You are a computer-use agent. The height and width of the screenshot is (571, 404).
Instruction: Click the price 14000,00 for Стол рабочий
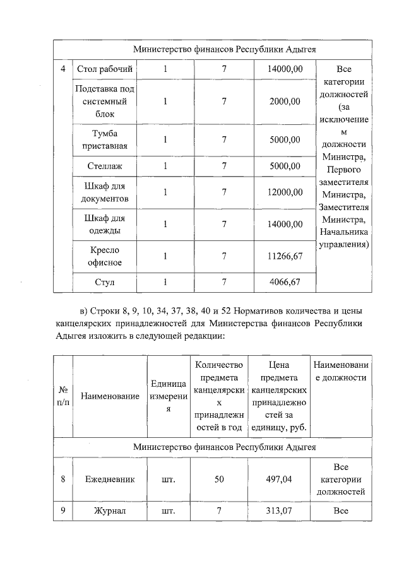285,69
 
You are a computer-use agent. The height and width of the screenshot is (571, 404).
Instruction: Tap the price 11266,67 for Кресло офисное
285,256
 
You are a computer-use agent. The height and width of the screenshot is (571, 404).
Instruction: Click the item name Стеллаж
104,167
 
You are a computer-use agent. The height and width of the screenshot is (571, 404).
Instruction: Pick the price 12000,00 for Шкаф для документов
285,192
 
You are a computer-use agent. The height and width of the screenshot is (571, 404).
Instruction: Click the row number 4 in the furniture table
62,69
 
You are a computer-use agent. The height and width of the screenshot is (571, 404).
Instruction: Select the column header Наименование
110,396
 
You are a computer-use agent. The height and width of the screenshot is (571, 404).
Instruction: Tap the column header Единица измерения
169,396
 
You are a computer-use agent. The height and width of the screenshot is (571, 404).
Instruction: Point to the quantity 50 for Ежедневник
219,479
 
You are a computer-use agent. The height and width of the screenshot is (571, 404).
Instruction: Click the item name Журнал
110,510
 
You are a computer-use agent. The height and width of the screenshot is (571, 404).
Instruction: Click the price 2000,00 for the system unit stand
285,101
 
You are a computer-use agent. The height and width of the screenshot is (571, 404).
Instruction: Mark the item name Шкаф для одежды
104,225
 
